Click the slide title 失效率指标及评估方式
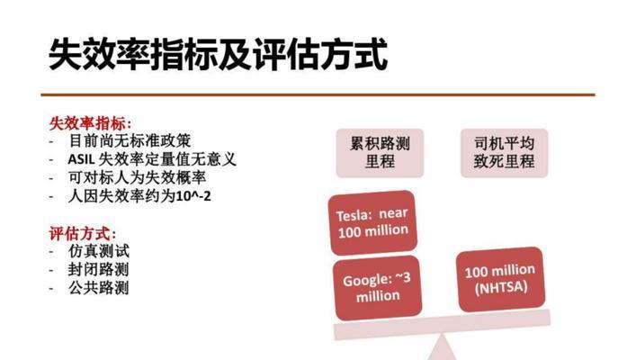click(x=218, y=54)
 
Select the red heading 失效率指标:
click(x=91, y=123)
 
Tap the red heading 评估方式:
click(x=83, y=234)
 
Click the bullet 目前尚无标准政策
click(x=130, y=140)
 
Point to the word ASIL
click(x=81, y=159)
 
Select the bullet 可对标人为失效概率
click(x=138, y=177)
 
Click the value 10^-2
click(x=193, y=196)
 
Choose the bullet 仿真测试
click(x=99, y=251)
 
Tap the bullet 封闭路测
click(x=99, y=269)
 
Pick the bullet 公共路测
click(x=99, y=288)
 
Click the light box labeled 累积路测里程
click(x=380, y=153)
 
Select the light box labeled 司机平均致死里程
click(x=504, y=153)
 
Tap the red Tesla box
click(x=372, y=222)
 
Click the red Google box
click(x=377, y=288)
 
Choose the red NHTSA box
click(x=500, y=279)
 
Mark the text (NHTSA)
click(x=501, y=288)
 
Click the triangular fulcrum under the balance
click(x=442, y=348)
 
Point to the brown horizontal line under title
click(x=318, y=95)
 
